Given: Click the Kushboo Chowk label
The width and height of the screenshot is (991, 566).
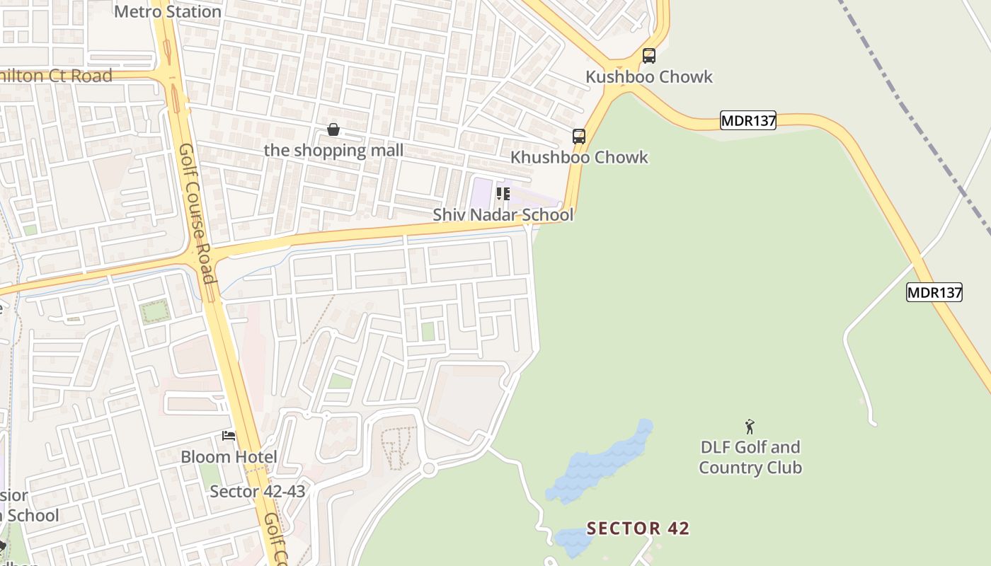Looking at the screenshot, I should [x=649, y=76].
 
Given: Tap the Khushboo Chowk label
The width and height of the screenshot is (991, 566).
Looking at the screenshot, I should [x=579, y=157].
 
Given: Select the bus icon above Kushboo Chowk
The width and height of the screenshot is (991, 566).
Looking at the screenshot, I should [x=648, y=55].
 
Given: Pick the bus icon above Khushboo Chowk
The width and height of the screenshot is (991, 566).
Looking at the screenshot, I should [x=579, y=137].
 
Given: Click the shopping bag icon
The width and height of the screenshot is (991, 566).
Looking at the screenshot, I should [x=333, y=129].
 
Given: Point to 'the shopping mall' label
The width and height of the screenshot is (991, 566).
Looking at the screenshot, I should [x=333, y=150].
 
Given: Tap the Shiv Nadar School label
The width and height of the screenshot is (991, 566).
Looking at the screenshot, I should [x=503, y=214].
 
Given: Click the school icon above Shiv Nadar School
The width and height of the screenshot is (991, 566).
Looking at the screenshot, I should [x=503, y=193].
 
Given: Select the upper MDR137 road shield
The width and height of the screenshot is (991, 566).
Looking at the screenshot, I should [x=748, y=121].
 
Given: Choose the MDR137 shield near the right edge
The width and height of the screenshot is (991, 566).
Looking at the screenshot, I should [x=934, y=292].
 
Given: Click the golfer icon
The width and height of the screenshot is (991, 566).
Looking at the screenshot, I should [x=750, y=427].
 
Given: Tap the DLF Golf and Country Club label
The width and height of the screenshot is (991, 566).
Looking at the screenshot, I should [x=750, y=457].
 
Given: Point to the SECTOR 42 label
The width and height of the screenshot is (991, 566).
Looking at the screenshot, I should [x=638, y=529].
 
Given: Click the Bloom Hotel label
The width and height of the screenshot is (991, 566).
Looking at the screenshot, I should [x=229, y=456].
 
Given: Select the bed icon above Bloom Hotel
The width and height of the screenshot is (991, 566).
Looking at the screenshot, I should [x=229, y=435].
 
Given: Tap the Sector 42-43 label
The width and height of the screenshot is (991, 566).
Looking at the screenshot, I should [x=257, y=491].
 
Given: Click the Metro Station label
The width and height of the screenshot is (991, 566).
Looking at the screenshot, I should [x=168, y=11].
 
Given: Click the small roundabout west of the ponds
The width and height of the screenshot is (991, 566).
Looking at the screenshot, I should [x=428, y=469].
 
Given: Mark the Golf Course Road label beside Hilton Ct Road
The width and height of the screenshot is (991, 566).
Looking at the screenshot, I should [x=196, y=212].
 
